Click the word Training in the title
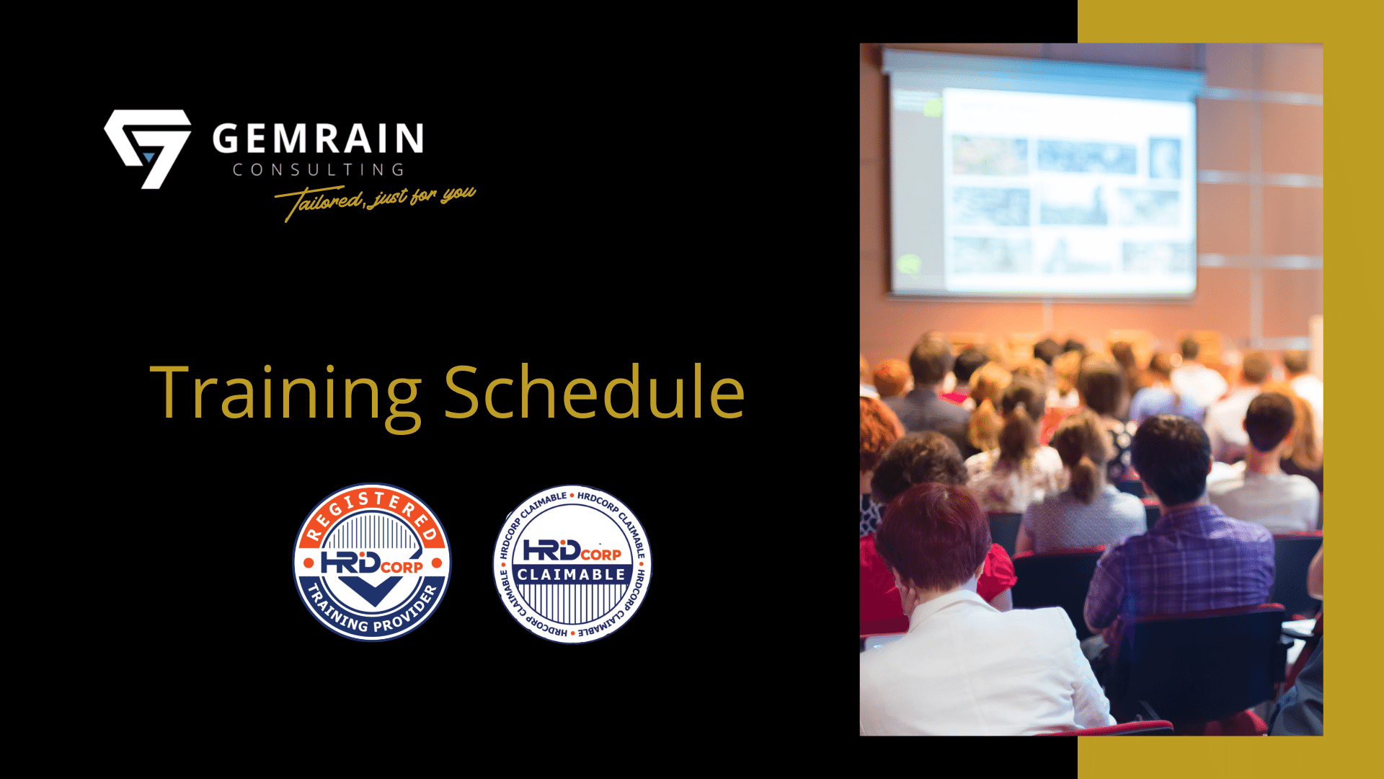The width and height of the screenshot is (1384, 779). pos(285,392)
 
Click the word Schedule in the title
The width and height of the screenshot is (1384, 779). pos(594,392)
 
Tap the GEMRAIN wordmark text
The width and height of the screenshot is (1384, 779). pos(318,138)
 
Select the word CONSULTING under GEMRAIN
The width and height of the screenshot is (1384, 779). pos(318,170)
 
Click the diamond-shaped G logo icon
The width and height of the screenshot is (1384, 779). pos(148,147)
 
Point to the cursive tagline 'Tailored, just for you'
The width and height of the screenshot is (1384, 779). pos(375,201)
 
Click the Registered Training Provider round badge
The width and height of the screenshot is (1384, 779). pos(371,562)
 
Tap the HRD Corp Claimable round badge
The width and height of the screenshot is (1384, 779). pos(572,563)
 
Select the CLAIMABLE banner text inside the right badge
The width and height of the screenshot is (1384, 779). pos(572,575)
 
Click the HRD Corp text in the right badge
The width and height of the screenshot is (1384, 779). pos(572,551)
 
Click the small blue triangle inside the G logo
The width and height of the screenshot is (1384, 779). pos(149,156)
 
